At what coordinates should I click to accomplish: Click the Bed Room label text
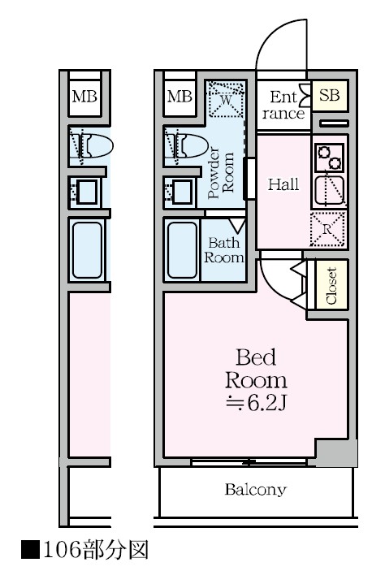tap(256, 369)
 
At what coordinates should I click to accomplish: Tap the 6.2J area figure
tap(256, 402)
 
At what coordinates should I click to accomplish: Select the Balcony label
tap(256, 489)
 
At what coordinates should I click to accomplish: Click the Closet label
tap(331, 286)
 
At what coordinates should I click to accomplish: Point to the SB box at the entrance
tap(330, 95)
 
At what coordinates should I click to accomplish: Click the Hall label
tap(283, 184)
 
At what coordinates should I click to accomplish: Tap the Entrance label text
tap(283, 106)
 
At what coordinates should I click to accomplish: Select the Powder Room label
tap(221, 173)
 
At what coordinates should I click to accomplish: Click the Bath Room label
tap(223, 250)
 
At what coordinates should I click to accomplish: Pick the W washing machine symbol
tap(226, 99)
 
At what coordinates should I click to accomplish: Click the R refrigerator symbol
tap(327, 229)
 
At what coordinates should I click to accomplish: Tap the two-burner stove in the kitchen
tap(330, 158)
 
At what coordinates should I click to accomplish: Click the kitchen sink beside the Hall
tap(330, 190)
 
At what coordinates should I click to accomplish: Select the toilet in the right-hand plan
tap(186, 145)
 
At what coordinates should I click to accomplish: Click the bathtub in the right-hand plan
tap(182, 250)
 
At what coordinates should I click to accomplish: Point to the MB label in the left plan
tap(84, 97)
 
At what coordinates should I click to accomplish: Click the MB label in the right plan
tap(180, 97)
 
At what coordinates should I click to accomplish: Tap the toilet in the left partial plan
tap(91, 145)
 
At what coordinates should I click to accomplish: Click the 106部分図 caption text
tap(96, 550)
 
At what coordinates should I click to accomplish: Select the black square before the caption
tap(30, 550)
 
